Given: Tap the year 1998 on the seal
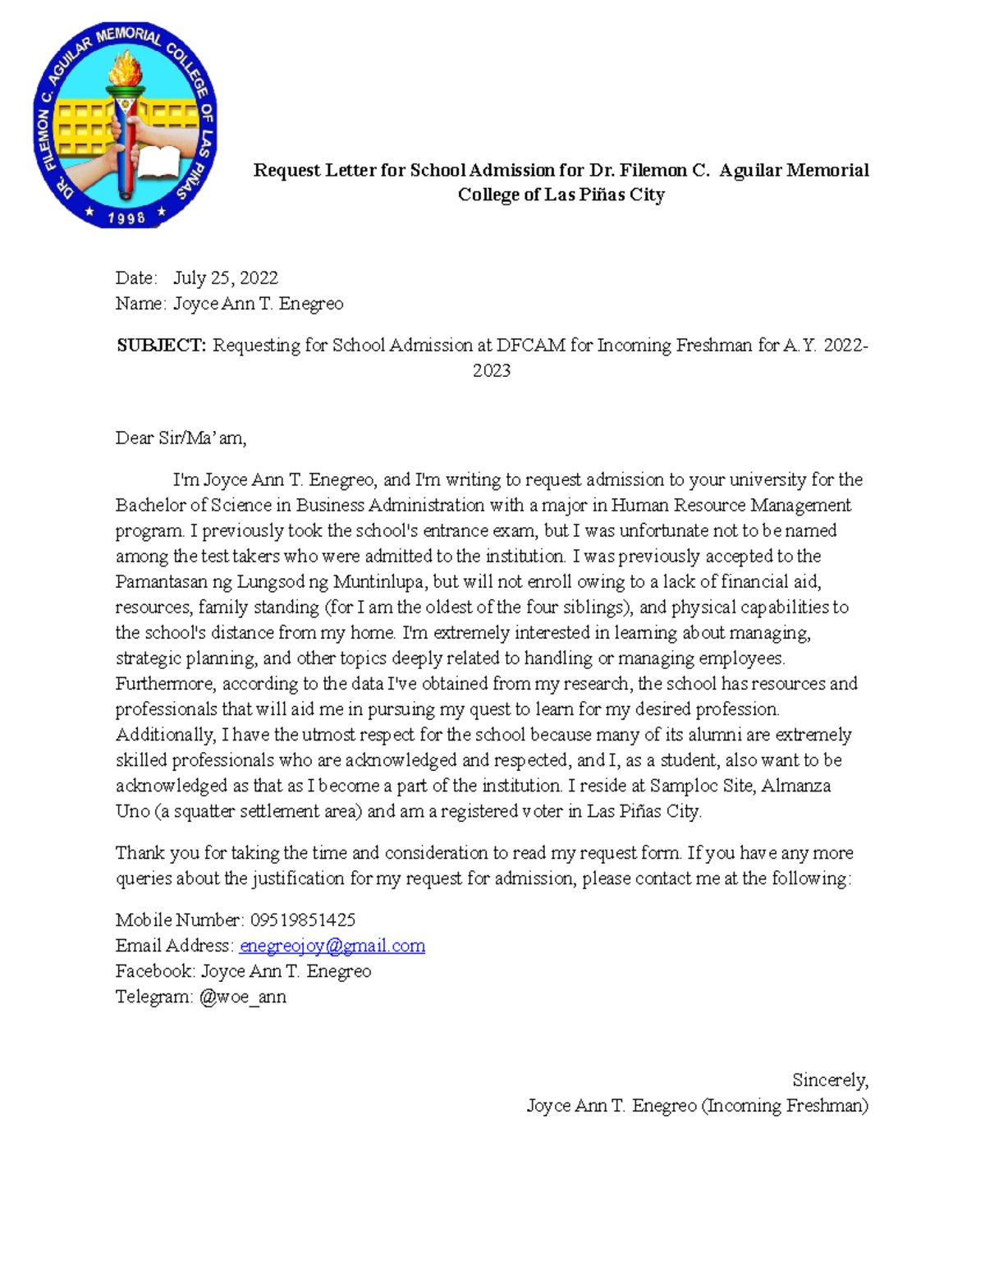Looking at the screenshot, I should tap(126, 218).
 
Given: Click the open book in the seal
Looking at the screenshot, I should tap(158, 163).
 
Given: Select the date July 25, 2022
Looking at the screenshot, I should tap(226, 278).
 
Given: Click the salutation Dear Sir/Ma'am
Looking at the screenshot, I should tap(181, 438).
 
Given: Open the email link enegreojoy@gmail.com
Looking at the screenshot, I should tap(332, 946).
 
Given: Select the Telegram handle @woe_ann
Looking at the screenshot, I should tap(243, 998).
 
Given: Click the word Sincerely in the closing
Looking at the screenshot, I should tap(830, 1080).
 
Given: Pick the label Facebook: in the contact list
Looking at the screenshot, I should tap(155, 971).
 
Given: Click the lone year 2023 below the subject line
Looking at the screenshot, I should tap(492, 371).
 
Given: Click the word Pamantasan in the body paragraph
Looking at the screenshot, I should tap(161, 582).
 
